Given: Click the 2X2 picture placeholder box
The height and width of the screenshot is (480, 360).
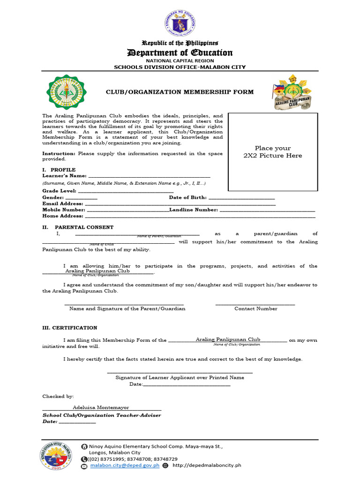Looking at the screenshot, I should click(x=272, y=152).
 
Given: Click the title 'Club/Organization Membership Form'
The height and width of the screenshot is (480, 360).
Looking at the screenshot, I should click(x=180, y=92).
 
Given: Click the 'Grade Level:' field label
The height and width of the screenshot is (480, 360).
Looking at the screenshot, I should click(x=60, y=191).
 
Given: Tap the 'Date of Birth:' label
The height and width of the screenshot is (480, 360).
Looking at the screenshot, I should click(x=187, y=198).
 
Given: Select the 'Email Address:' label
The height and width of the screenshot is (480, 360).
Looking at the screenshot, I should click(x=63, y=204).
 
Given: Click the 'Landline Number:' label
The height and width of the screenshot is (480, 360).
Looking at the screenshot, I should click(x=194, y=210).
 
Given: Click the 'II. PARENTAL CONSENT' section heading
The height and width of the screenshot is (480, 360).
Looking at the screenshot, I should click(x=78, y=227).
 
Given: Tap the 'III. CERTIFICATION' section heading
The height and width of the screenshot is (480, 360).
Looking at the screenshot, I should click(x=70, y=328).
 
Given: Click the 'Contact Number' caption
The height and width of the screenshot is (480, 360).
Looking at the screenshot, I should click(x=255, y=308).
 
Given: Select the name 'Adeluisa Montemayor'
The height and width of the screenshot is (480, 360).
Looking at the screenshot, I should click(x=101, y=407).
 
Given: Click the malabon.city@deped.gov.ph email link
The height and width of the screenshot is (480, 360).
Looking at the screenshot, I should click(x=125, y=465).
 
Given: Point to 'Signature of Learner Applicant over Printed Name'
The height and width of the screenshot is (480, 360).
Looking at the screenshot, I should click(x=180, y=377).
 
